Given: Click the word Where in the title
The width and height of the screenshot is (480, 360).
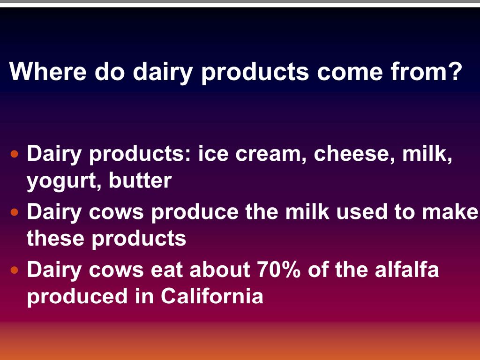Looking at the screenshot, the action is pos(48,71).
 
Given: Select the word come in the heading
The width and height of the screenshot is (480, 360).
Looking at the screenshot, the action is pos(350,74).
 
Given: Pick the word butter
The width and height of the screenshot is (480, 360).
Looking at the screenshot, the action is pos(140,180).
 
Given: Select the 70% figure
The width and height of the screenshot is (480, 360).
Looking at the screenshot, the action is pos(279,270).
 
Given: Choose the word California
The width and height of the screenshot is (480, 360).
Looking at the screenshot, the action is pos(212,296).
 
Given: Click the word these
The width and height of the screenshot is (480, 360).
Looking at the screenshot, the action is pos(55,238).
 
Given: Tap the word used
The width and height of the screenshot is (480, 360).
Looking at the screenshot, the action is pos(362,211).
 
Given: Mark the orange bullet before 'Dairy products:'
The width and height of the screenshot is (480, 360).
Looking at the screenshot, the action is pos(15,154).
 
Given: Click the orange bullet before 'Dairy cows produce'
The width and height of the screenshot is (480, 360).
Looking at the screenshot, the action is pos(15,212).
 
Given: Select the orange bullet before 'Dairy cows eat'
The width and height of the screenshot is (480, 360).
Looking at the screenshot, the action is pos(15,270).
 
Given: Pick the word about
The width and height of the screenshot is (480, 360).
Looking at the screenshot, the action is pos(220,270).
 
